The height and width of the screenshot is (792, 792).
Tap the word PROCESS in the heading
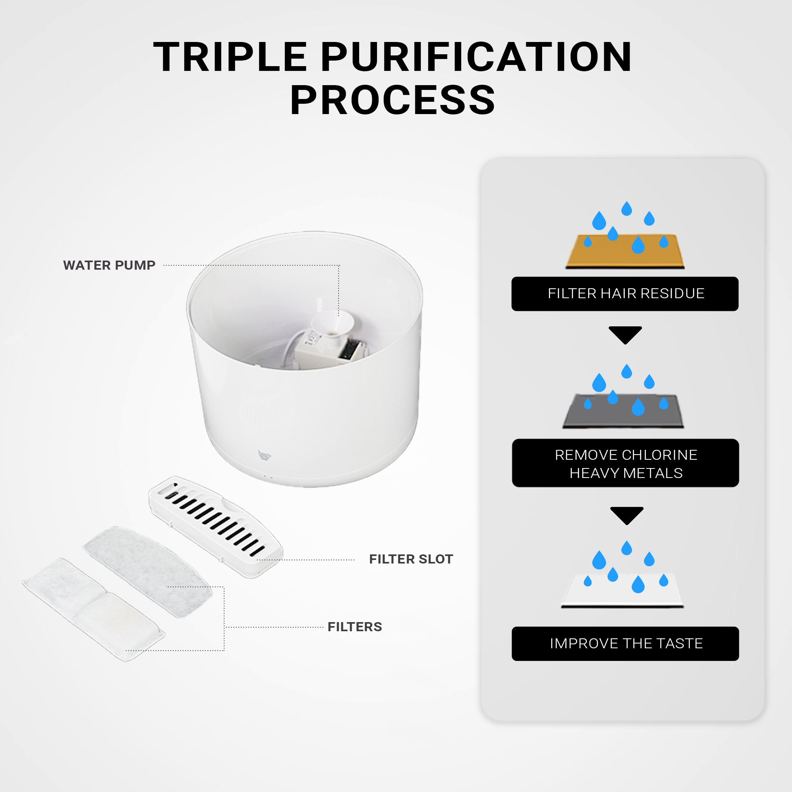[x=393, y=101]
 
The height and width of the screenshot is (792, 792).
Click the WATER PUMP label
[x=109, y=265]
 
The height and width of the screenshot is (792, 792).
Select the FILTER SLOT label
[x=411, y=559]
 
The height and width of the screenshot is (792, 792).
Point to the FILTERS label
[x=354, y=627]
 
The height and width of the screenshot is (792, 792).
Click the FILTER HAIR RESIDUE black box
[x=625, y=293]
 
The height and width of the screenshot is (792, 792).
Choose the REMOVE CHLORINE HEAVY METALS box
[x=625, y=463]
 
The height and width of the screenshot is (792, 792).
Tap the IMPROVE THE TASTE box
[x=625, y=643]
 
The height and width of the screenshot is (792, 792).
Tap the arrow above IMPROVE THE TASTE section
[x=626, y=515]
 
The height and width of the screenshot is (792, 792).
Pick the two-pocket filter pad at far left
[x=93, y=609]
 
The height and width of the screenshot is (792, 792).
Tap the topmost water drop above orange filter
[x=626, y=209]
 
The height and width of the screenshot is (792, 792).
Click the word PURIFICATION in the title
[x=476, y=57]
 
